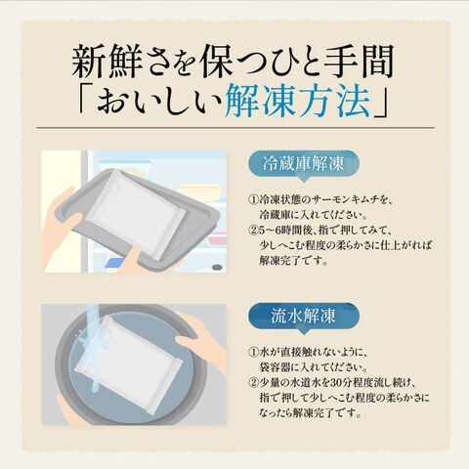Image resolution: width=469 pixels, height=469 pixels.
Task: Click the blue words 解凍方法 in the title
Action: [x=298, y=101]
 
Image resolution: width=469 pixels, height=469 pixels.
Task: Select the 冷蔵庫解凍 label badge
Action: [x=303, y=164]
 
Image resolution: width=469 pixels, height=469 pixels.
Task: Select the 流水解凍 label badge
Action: [x=303, y=317]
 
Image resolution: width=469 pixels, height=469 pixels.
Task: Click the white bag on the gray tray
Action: [x=136, y=215]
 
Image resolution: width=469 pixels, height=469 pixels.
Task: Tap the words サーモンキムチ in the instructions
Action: [x=347, y=200]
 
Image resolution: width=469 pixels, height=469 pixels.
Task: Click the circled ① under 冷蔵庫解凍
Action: [x=253, y=200]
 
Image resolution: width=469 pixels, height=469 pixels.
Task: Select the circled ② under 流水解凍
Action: [x=253, y=383]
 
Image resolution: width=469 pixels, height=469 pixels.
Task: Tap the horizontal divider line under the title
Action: [x=235, y=128]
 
